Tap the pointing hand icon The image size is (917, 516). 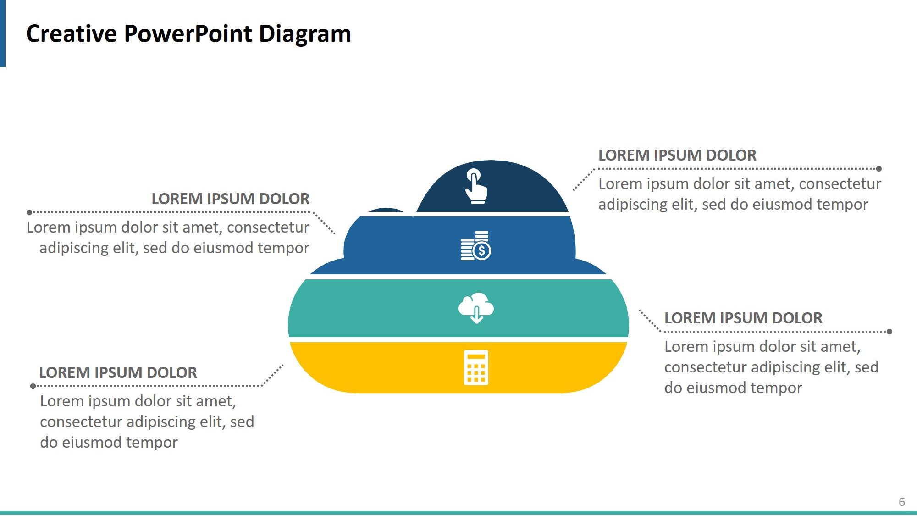click(x=475, y=186)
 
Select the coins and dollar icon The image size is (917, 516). click(x=475, y=245)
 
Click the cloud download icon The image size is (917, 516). click(x=476, y=308)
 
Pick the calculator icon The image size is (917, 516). click(x=476, y=367)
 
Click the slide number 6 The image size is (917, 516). click(x=901, y=502)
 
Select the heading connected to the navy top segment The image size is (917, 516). click(x=677, y=155)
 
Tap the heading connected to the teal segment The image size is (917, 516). click(x=743, y=318)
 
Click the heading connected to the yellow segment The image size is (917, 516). click(x=118, y=373)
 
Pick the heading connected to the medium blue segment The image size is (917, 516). click(x=230, y=199)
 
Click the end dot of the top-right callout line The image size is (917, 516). click(x=879, y=169)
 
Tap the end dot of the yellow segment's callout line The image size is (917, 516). click(x=33, y=386)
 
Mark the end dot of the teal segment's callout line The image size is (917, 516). click(x=889, y=332)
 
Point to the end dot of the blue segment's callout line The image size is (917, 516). click(x=29, y=212)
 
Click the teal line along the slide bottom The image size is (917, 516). click(x=458, y=513)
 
